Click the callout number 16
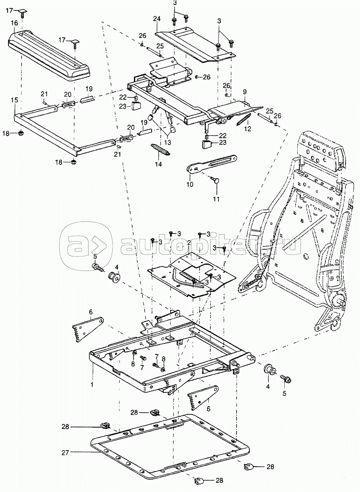pyautogui.click(x=15, y=23)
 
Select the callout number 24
pyautogui.click(x=157, y=19)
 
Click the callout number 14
pyautogui.click(x=158, y=164)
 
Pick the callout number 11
pyautogui.click(x=216, y=199)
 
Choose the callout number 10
pyautogui.click(x=190, y=184)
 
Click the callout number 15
pyautogui.click(x=14, y=100)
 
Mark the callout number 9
pyautogui.click(x=245, y=92)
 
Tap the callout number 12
pyautogui.click(x=247, y=129)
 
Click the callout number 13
pyautogui.click(x=167, y=143)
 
